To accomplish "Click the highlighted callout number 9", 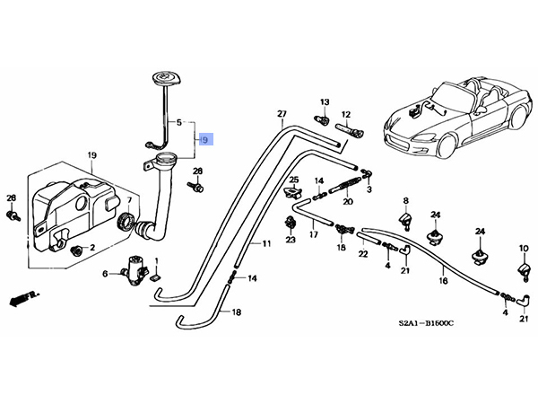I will pyautogui.click(x=205, y=140).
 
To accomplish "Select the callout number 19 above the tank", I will pyautogui.click(x=91, y=156).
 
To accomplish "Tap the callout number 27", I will pyautogui.click(x=281, y=114).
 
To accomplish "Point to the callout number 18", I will pyautogui.click(x=237, y=312).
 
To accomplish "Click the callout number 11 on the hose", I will pyautogui.click(x=265, y=243).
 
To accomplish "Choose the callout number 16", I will pyautogui.click(x=441, y=281).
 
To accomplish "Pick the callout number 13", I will pyautogui.click(x=325, y=102).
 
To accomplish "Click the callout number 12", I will pyautogui.click(x=346, y=114).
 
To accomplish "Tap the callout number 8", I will pyautogui.click(x=404, y=200).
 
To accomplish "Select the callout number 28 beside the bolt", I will pyautogui.click(x=198, y=171).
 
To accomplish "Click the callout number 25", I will pyautogui.click(x=293, y=181).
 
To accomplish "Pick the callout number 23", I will pyautogui.click(x=291, y=240).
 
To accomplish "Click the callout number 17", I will pyautogui.click(x=314, y=235).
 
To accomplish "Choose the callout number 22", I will pyautogui.click(x=363, y=254).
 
